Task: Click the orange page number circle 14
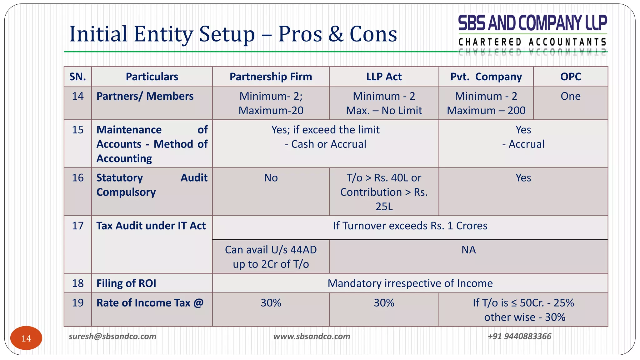(x=26, y=338)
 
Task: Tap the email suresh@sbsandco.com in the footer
(x=112, y=336)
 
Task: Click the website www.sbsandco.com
(x=312, y=336)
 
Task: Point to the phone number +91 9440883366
(x=519, y=336)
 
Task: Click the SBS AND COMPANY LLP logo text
(x=532, y=23)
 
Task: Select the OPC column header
(x=570, y=77)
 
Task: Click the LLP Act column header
(x=384, y=77)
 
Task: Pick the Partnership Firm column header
(x=271, y=77)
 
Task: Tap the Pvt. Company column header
(x=486, y=77)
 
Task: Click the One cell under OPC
(x=570, y=96)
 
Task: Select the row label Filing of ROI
(x=126, y=283)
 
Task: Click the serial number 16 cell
(x=77, y=178)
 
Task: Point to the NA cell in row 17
(x=468, y=250)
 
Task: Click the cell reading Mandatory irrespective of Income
(x=410, y=283)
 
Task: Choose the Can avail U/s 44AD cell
(x=271, y=250)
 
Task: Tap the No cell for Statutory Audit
(x=271, y=178)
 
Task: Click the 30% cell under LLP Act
(x=384, y=303)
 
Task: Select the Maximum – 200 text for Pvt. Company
(x=486, y=111)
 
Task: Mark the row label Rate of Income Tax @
(x=150, y=303)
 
